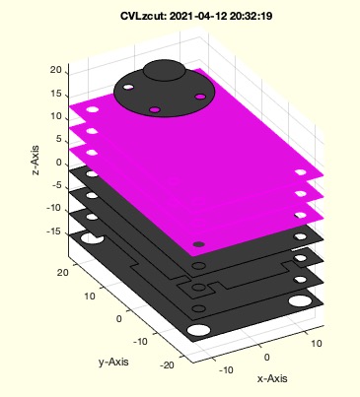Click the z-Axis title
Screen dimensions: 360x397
pyautogui.click(x=36, y=161)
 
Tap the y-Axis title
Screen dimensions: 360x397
pyautogui.click(x=113, y=362)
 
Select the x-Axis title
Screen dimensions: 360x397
pyautogui.click(x=272, y=378)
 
